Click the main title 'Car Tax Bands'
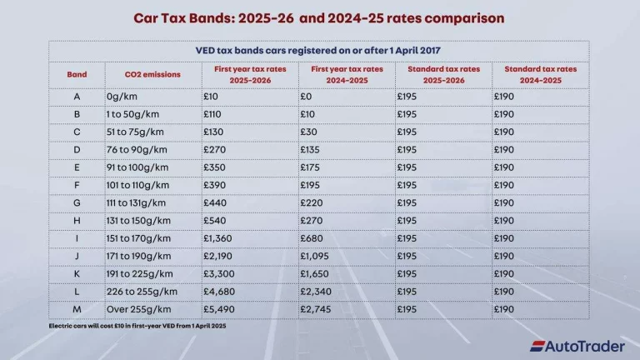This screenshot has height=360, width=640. (x=319, y=17)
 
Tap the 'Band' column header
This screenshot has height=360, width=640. (x=77, y=74)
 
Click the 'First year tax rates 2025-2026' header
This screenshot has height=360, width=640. (x=250, y=74)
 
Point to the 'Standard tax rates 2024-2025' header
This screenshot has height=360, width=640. (x=540, y=74)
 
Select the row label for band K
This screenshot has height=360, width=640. (x=77, y=273)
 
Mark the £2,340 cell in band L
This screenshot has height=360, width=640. (x=317, y=292)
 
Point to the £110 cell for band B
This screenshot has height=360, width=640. (x=215, y=115)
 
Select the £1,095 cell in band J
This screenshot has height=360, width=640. (x=317, y=256)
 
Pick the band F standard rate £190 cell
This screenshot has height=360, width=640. (x=506, y=186)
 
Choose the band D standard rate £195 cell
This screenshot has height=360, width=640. (x=409, y=150)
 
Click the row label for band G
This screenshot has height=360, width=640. (x=77, y=203)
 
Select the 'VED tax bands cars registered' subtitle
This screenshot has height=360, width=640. (x=319, y=50)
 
